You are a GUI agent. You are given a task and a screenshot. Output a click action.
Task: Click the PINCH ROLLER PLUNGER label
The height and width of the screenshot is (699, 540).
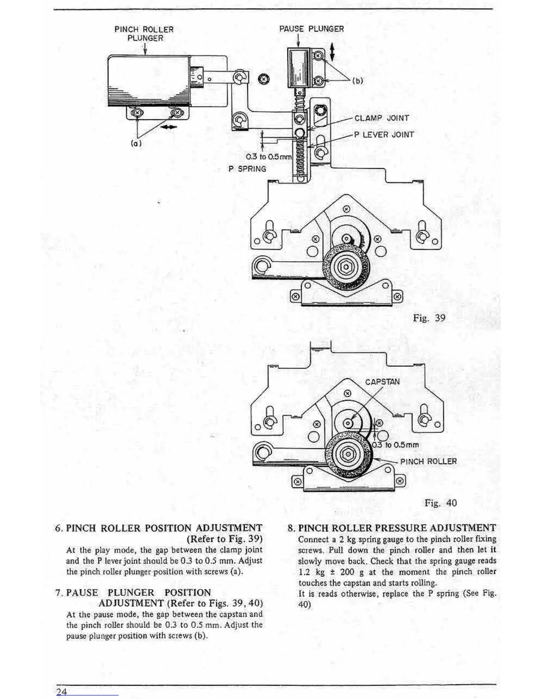click(144, 34)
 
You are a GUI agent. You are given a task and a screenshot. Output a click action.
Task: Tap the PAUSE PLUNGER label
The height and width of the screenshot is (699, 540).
click(311, 29)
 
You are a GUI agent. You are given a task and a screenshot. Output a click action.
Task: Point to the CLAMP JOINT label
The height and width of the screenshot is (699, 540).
click(382, 118)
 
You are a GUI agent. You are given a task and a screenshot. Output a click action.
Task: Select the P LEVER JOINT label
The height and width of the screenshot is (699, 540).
click(384, 135)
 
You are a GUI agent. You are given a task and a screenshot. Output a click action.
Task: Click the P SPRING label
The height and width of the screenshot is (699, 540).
click(247, 169)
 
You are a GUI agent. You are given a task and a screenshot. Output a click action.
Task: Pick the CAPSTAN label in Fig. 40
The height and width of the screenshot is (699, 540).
click(382, 382)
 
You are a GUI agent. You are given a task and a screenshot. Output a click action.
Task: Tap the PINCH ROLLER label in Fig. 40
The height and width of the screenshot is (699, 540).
click(428, 461)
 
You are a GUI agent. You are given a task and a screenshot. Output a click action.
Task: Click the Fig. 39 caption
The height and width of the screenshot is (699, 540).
click(429, 318)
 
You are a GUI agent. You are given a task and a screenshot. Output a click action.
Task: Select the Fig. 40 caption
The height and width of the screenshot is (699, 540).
click(441, 503)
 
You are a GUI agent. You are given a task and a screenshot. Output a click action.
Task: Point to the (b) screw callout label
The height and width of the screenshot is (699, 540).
click(357, 81)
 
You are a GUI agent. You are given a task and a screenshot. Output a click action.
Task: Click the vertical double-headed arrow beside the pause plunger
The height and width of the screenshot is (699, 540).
click(332, 52)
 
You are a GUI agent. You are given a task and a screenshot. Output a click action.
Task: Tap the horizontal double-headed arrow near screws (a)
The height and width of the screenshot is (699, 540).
click(169, 127)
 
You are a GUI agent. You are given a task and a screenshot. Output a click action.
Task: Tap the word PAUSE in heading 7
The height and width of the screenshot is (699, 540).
click(82, 592)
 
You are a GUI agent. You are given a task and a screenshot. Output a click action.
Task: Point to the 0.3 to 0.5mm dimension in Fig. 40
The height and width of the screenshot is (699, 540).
click(396, 445)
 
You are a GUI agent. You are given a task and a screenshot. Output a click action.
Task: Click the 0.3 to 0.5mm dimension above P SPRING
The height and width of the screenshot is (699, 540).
click(269, 157)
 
